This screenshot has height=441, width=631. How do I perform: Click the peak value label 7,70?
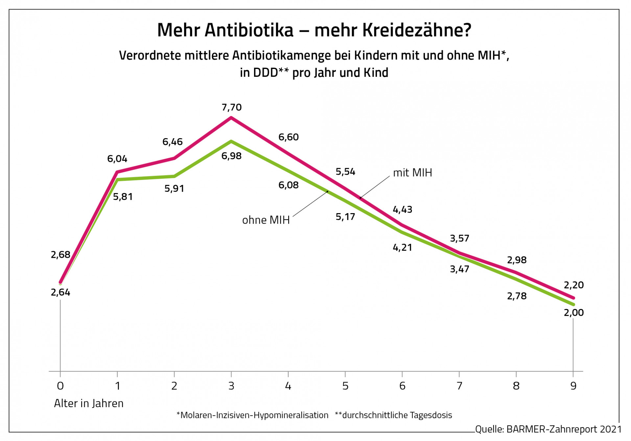pyautogui.click(x=231, y=107)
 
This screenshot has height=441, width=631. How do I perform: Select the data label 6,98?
pyautogui.click(x=231, y=156)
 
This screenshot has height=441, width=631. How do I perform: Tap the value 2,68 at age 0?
pyautogui.click(x=60, y=254)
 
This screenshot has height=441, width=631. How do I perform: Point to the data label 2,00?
pyautogui.click(x=573, y=313)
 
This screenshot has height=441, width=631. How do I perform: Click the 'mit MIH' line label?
pyautogui.click(x=412, y=173)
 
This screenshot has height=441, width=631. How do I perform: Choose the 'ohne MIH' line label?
pyautogui.click(x=266, y=220)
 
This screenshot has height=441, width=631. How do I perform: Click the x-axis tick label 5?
pyautogui.click(x=345, y=386)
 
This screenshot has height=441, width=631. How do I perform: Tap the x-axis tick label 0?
pyautogui.click(x=60, y=386)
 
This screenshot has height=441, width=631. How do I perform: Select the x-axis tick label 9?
pyautogui.click(x=573, y=386)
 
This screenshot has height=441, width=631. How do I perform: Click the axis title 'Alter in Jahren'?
pyautogui.click(x=89, y=403)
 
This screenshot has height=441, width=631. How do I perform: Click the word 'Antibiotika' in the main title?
pyautogui.click(x=249, y=30)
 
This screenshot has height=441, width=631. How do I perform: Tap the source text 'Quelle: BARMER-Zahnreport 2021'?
pyautogui.click(x=548, y=429)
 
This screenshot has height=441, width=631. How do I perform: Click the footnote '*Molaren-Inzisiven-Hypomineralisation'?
pyautogui.click(x=252, y=415)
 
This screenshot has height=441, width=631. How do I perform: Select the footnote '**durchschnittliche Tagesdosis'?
pyautogui.click(x=393, y=415)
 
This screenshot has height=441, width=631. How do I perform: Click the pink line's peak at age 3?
pyautogui.click(x=231, y=118)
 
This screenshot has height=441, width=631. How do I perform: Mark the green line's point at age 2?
pyautogui.click(x=174, y=176)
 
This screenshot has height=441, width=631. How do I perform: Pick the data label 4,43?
pyautogui.click(x=402, y=209)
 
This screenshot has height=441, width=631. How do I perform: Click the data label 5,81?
pyautogui.click(x=123, y=197)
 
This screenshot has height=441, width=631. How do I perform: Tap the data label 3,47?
pyautogui.click(x=459, y=269)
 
